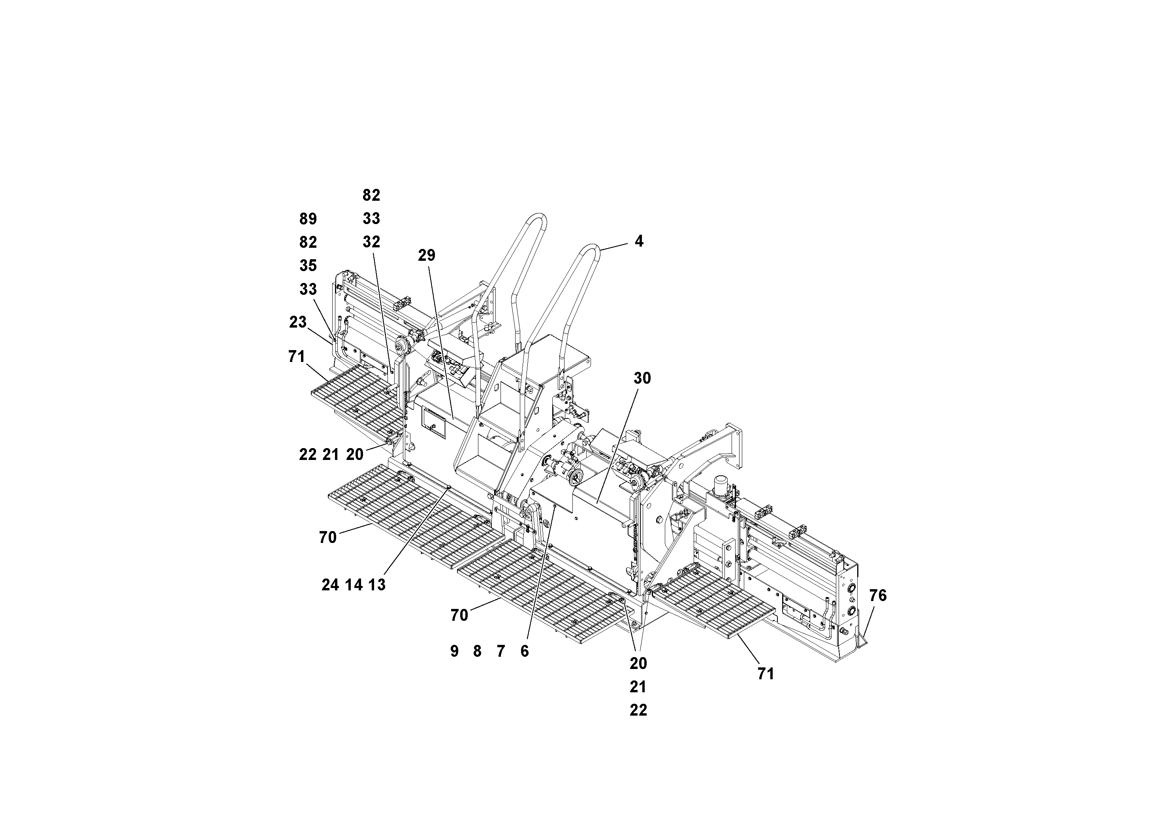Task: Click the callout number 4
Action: (x=639, y=241)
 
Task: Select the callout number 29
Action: (x=426, y=255)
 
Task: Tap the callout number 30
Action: (x=642, y=378)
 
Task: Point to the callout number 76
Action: (x=877, y=595)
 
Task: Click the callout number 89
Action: (x=308, y=219)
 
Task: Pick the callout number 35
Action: (x=308, y=266)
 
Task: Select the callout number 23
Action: (x=297, y=322)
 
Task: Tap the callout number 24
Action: (x=330, y=584)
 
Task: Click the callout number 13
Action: (x=377, y=584)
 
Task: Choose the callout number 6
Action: (x=524, y=651)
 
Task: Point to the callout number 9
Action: (x=454, y=651)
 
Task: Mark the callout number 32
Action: (x=371, y=242)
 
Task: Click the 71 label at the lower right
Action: (x=765, y=674)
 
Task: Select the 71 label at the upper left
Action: (x=297, y=356)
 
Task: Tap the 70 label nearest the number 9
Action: (x=459, y=615)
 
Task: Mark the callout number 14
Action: (x=354, y=584)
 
